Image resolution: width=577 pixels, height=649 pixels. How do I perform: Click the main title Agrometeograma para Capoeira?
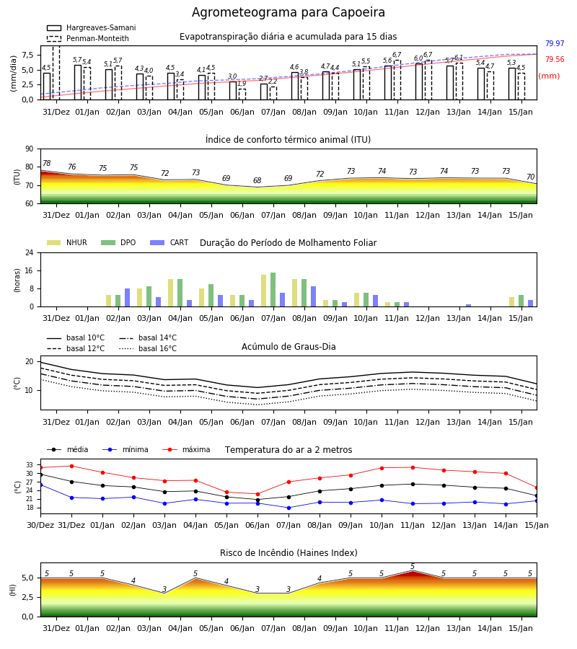tap(288, 12)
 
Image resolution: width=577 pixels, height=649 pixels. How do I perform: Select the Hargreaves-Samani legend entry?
tap(91, 27)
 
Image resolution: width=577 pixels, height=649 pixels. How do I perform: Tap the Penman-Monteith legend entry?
tap(88, 38)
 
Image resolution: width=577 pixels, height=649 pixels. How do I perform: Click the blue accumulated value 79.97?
tap(555, 43)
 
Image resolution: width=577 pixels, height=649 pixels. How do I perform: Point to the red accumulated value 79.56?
tap(555, 59)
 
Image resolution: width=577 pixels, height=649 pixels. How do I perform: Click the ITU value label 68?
tap(257, 180)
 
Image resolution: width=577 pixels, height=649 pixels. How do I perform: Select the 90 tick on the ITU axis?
tap(29, 149)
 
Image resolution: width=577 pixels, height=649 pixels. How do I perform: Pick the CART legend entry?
tap(169, 242)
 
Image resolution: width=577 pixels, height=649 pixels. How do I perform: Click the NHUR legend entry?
tap(67, 242)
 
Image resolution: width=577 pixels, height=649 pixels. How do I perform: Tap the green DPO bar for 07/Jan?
tap(273, 290)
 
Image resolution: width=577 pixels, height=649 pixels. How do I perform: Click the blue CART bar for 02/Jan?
tap(127, 298)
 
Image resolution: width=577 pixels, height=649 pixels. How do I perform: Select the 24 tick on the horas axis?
tap(30, 252)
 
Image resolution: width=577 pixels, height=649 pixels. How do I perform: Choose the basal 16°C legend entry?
tap(148, 348)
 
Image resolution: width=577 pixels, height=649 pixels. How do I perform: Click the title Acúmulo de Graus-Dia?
tap(288, 346)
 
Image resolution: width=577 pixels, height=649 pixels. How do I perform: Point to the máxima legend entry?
tap(186, 449)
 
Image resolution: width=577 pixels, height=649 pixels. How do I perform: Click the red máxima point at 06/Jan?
tap(258, 494)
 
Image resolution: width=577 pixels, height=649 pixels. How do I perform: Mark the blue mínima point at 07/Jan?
tap(289, 508)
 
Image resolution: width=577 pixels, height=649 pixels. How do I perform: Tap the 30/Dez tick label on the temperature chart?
tap(40, 525)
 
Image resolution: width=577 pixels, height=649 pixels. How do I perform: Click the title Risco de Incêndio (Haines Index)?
tap(288, 553)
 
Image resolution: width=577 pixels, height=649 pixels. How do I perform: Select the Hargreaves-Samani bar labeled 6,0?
tap(419, 82)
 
